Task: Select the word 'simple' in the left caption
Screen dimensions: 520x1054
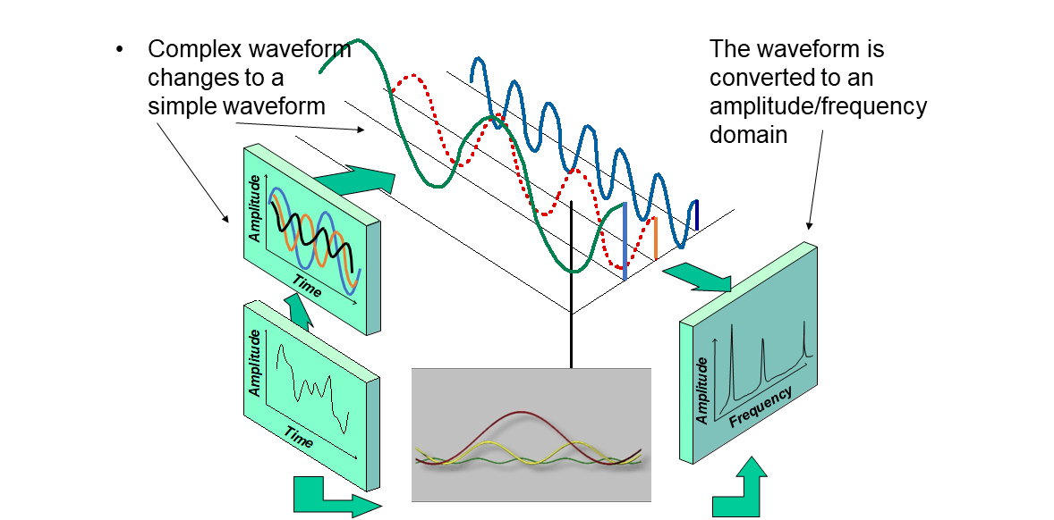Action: coord(180,106)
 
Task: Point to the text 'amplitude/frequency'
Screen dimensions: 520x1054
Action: coord(818,106)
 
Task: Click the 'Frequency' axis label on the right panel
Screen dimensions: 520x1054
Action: coord(760,406)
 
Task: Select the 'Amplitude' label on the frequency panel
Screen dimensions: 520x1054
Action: coord(702,390)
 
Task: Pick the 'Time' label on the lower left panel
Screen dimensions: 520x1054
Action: coord(299,434)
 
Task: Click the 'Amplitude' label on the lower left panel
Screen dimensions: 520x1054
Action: coord(255,363)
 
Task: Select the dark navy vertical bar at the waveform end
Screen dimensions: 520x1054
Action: coord(697,214)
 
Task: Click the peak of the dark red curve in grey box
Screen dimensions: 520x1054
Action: coord(525,412)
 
